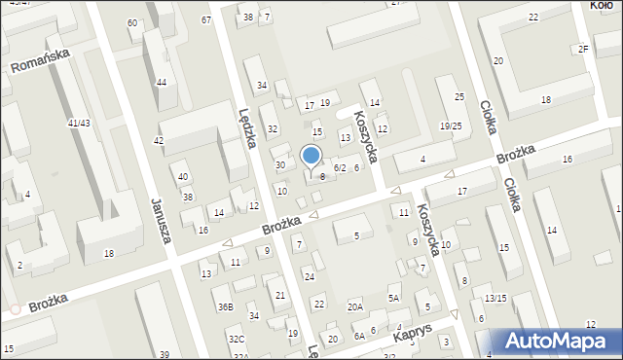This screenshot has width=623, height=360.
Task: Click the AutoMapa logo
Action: tap(559, 342)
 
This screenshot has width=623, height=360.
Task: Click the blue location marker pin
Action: tap(311, 156)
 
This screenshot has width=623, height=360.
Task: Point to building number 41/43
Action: tap(79, 123)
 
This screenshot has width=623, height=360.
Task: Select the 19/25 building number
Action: tap(450, 126)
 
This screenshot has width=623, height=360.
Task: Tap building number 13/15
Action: tap(495, 298)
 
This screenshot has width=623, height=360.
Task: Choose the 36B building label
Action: tap(225, 307)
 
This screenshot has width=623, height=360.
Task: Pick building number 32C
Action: tap(237, 339)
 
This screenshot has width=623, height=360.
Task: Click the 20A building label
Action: tap(355, 306)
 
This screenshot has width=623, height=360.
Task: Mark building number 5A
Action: tap(394, 299)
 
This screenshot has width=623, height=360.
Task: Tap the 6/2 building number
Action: tap(340, 168)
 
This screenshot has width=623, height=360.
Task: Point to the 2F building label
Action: tap(583, 49)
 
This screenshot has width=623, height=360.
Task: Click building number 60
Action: tap(132, 22)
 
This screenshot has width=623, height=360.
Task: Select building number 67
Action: tap(206, 19)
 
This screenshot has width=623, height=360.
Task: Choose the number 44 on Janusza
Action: tap(161, 82)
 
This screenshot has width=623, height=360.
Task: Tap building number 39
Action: tap(165, 353)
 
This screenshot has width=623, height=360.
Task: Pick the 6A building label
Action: tap(358, 336)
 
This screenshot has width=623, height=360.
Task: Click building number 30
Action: tap(280, 165)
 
